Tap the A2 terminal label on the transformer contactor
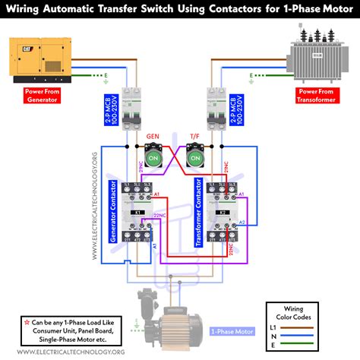click(x=242, y=222)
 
